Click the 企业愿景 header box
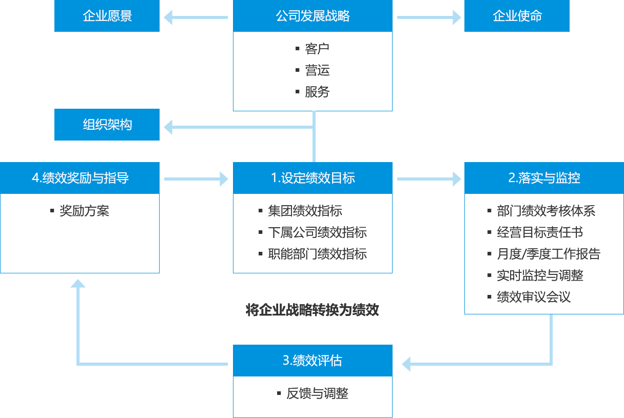point(107,16)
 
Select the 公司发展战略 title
point(313,16)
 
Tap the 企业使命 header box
point(517,16)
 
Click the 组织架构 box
point(107,124)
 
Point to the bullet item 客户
point(317,49)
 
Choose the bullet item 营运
point(317,70)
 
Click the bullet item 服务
point(317,92)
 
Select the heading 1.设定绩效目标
point(313,178)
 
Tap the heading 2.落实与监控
point(544,178)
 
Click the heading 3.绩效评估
point(313,361)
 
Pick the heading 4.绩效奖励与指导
point(80,178)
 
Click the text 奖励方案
point(84,211)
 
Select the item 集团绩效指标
point(305,211)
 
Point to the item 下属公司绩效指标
point(317,232)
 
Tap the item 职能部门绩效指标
point(317,254)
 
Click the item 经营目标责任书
point(540,232)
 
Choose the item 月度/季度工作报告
point(548,254)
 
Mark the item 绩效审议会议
point(534,297)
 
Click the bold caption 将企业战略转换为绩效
point(313,310)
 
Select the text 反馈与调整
point(318,393)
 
